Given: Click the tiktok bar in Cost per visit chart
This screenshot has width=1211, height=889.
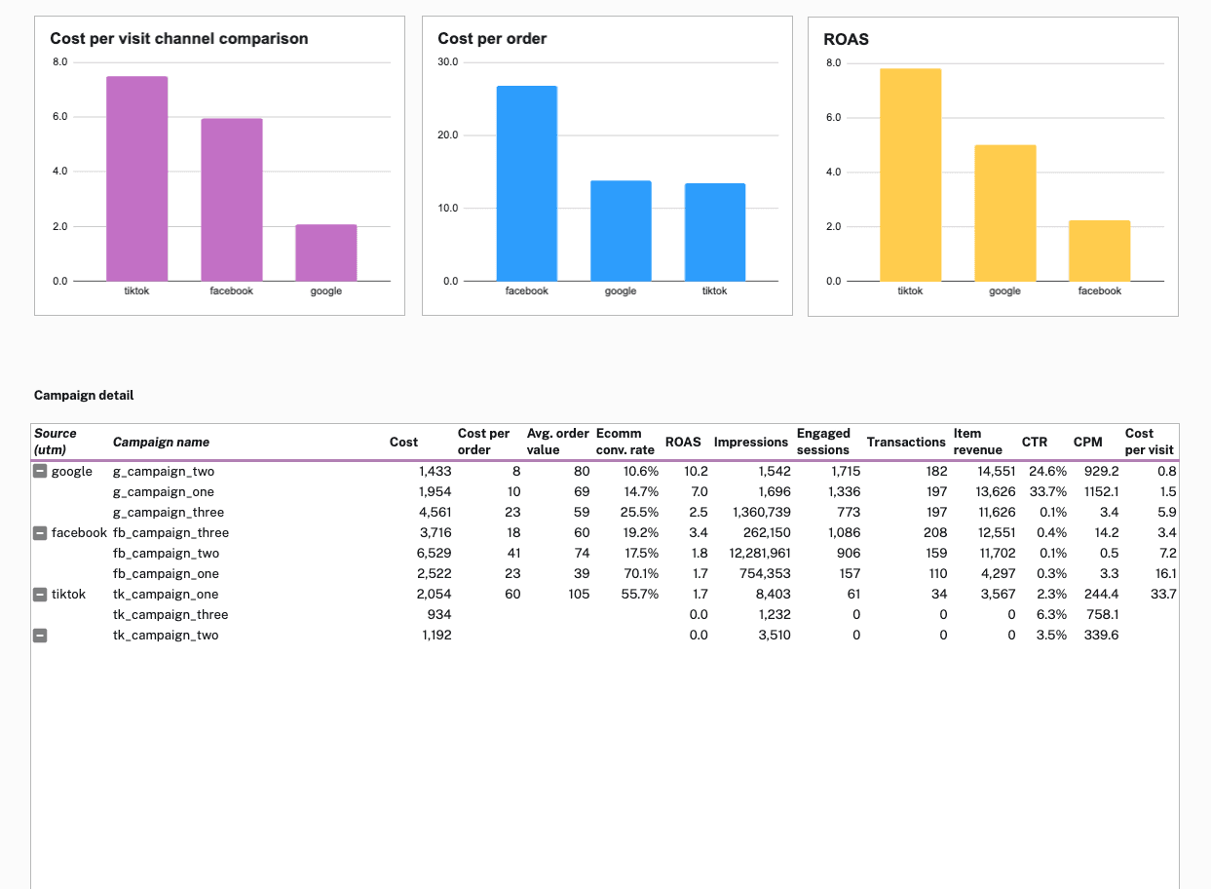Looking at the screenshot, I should [x=136, y=178].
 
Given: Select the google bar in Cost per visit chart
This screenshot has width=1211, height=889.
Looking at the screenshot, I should [x=326, y=252].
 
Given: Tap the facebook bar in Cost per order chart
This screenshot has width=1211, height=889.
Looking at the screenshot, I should [x=526, y=183].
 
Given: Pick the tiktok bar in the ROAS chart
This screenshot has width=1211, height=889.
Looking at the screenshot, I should [x=910, y=174].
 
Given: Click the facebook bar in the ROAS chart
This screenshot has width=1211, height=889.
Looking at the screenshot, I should [x=1099, y=251].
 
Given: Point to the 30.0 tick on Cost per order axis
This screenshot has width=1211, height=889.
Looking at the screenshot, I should [x=447, y=62].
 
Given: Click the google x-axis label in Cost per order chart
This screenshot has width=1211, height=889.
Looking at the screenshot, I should [x=620, y=291].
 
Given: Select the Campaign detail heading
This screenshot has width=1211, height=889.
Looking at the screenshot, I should [x=84, y=395].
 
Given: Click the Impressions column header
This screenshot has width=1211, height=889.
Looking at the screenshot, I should [x=750, y=443].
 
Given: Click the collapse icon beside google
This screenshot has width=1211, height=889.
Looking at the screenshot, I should [x=40, y=472].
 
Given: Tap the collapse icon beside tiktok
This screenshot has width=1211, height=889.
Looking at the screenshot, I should [x=40, y=595].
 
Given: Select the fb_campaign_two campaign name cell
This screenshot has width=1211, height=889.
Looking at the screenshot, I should [x=166, y=554].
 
